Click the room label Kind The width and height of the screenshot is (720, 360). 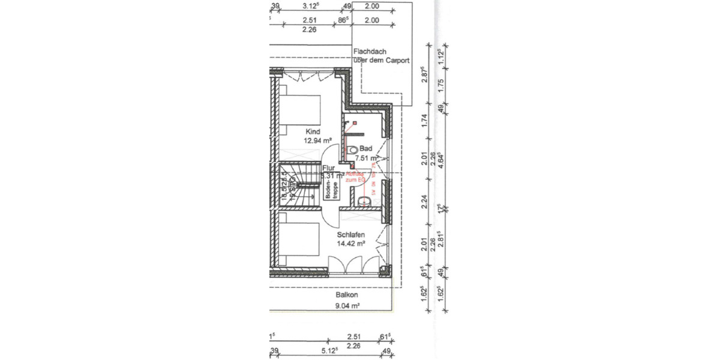click(313, 131)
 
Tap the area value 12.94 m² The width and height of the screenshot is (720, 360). click(318, 140)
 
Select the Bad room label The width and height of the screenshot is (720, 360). click(366, 148)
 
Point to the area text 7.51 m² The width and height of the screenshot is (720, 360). click(365, 158)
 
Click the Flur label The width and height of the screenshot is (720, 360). click(328, 169)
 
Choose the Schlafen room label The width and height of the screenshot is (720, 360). click(350, 235)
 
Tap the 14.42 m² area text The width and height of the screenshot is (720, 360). click(351, 244)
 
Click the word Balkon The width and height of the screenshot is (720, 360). click(346, 295)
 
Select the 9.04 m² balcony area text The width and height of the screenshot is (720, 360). click(346, 305)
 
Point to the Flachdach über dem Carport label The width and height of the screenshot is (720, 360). click(382, 56)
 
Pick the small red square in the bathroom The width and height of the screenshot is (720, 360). click(354, 122)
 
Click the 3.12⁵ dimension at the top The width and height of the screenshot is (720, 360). click(310, 6)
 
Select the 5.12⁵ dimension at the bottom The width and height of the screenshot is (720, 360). click(331, 350)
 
